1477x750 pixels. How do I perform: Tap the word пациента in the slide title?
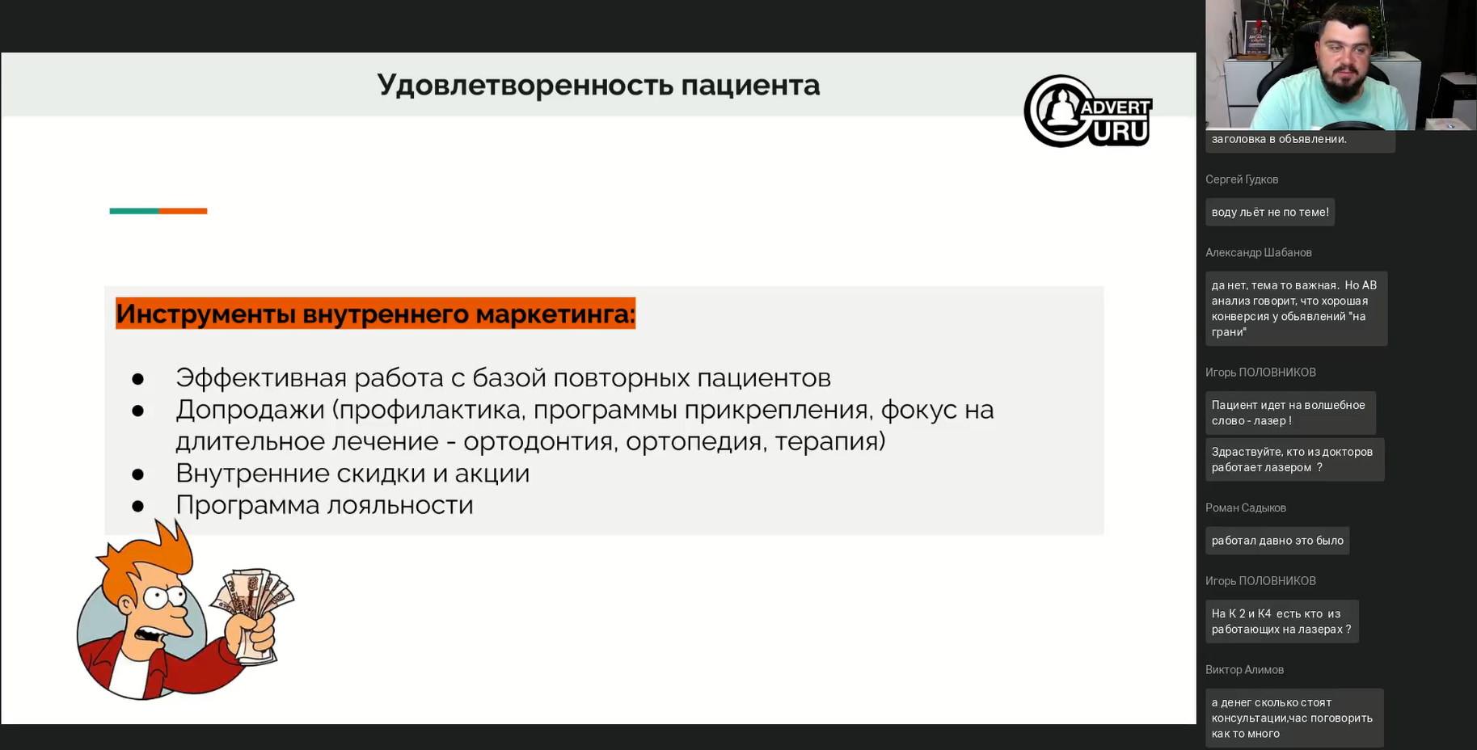pyautogui.click(x=750, y=86)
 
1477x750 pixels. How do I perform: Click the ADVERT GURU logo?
pyautogui.click(x=1087, y=112)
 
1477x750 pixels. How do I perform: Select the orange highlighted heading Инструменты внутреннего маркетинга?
pyautogui.click(x=375, y=314)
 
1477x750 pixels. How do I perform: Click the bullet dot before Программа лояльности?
pyautogui.click(x=138, y=507)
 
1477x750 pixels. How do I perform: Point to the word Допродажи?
pyautogui.click(x=250, y=411)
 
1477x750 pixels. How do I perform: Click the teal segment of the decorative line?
pyautogui.click(x=134, y=211)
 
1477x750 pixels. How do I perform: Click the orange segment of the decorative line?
pyautogui.click(x=183, y=211)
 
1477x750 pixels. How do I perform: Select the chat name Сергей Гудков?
pyautogui.click(x=1242, y=179)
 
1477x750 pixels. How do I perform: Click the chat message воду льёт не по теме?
pyautogui.click(x=1270, y=212)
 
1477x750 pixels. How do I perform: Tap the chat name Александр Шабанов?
pyautogui.click(x=1259, y=253)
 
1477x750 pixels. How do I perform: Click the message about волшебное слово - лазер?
pyautogui.click(x=1290, y=413)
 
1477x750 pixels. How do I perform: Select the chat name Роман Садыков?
pyautogui.click(x=1246, y=508)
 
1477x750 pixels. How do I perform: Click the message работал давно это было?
pyautogui.click(x=1277, y=541)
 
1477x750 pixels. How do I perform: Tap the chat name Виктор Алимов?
pyautogui.click(x=1244, y=670)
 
